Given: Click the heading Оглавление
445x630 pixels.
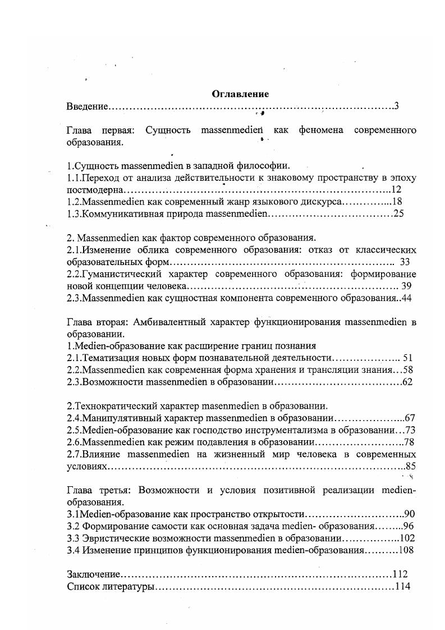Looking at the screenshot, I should click(240, 94).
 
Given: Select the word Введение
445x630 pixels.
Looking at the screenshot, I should click(86, 106).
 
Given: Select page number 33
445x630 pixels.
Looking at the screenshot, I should click(405, 262).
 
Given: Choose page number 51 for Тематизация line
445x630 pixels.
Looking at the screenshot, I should click(408, 357).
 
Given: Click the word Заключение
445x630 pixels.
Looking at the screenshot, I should click(93, 574).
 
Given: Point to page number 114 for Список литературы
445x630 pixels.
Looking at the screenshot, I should click(402, 587).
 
